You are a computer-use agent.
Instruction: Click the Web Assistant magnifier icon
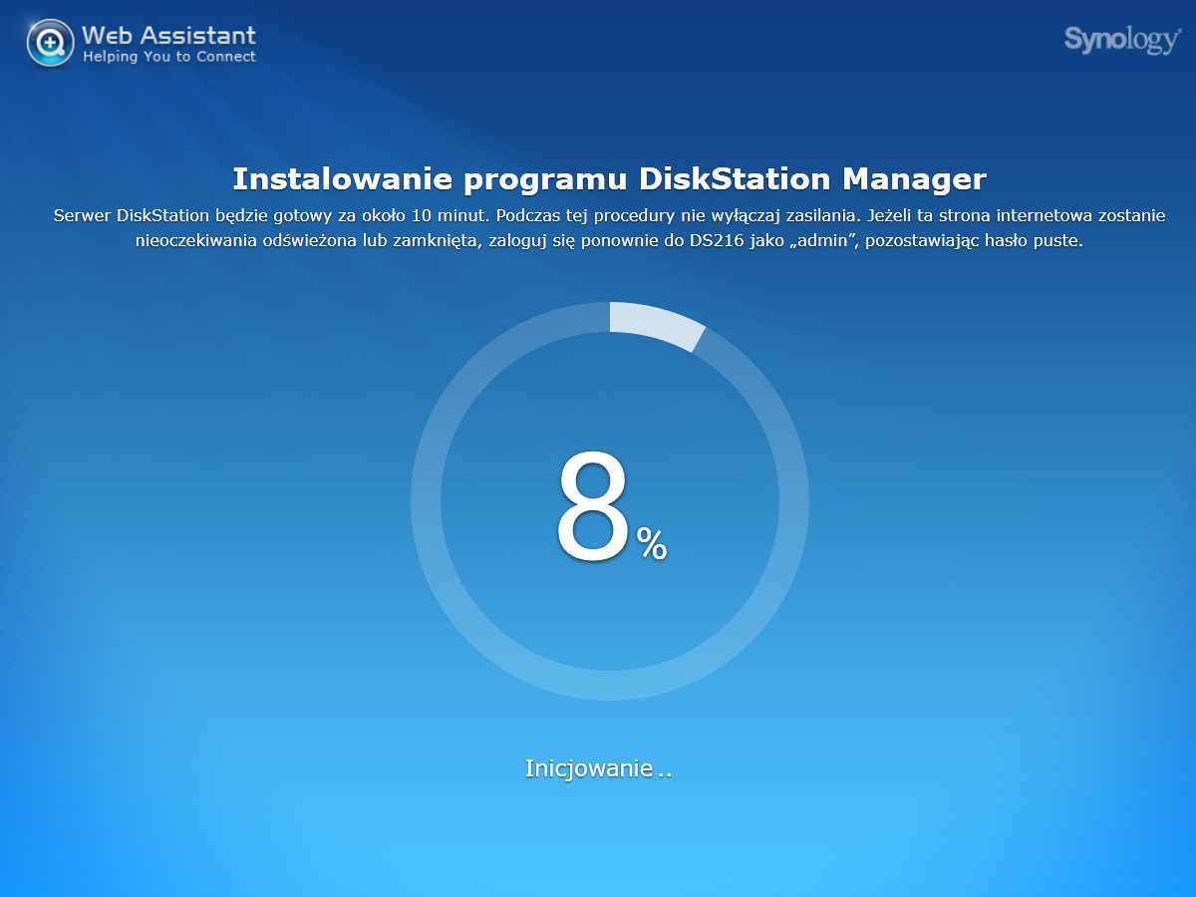50,43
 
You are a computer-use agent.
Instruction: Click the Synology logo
1122,40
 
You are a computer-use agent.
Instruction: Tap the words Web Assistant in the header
168,36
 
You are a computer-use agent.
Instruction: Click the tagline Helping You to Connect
168,57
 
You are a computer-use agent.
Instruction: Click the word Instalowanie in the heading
343,178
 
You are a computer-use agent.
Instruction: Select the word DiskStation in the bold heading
735,178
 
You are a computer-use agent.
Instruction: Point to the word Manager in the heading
914,179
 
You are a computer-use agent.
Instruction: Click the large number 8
592,506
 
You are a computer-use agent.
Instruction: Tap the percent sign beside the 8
652,543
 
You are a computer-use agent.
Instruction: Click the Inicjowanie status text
598,768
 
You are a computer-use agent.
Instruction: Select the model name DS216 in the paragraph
717,241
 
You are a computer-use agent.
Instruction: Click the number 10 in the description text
422,215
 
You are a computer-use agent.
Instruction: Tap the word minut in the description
462,215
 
